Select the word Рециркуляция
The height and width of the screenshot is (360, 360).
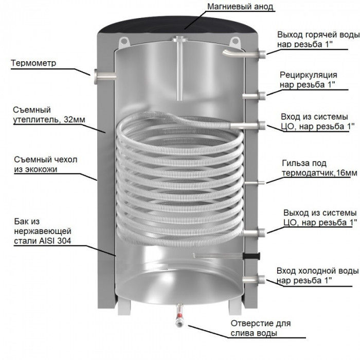(308, 75)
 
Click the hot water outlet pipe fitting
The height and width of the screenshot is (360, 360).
(261, 52)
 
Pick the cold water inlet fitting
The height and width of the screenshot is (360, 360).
(261, 280)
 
